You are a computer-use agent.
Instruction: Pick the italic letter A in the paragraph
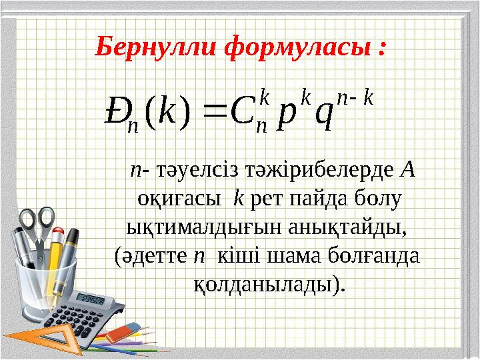pos(409,170)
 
